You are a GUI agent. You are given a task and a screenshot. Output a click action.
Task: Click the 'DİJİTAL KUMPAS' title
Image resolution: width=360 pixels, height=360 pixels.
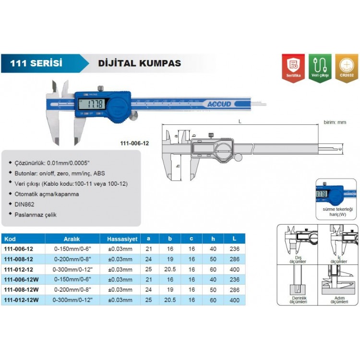coord(139,63)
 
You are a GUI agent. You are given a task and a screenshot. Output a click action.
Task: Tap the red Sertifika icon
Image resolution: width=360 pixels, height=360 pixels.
coord(292,68)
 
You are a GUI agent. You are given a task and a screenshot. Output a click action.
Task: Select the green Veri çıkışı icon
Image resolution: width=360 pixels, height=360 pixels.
coord(320,68)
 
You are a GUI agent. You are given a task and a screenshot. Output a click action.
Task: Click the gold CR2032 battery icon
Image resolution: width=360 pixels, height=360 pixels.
coord(346,68)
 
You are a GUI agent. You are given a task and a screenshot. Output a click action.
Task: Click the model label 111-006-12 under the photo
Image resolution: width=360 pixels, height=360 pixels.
coord(134,143)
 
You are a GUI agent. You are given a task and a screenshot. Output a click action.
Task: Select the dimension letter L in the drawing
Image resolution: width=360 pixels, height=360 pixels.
coord(239,122)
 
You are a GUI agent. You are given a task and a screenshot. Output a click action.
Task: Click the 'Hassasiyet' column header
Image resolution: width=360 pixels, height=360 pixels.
coord(119,239)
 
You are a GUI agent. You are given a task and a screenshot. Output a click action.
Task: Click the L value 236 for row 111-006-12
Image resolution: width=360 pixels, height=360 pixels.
coord(234,249)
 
